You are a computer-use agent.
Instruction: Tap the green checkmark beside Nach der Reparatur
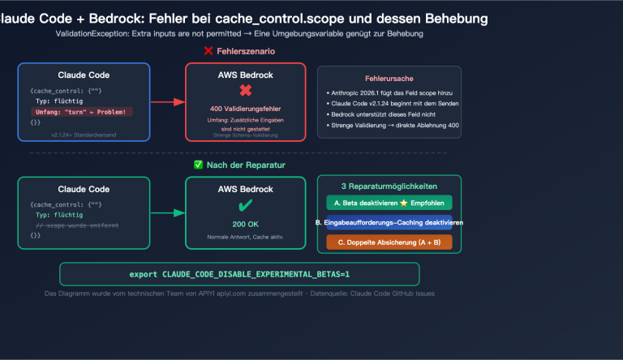[x=199, y=165]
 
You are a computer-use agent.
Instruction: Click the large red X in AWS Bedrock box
[x=245, y=90]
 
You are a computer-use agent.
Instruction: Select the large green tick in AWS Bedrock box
[x=245, y=204]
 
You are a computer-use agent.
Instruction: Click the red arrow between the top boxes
[x=167, y=102]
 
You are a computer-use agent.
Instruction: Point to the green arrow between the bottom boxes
[x=167, y=213]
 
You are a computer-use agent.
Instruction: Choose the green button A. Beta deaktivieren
[x=389, y=203]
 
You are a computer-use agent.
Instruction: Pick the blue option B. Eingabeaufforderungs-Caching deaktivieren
[x=389, y=222]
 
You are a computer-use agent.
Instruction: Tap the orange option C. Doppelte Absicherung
[x=389, y=242]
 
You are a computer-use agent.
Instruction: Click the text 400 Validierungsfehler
[x=245, y=107]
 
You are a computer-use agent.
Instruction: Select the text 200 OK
[x=245, y=223]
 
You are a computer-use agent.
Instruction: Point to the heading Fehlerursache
[x=389, y=78]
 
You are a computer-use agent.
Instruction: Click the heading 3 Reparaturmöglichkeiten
[x=389, y=186]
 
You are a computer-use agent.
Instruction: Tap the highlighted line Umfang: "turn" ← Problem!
[x=83, y=111]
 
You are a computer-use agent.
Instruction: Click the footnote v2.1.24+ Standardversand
[x=83, y=134]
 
